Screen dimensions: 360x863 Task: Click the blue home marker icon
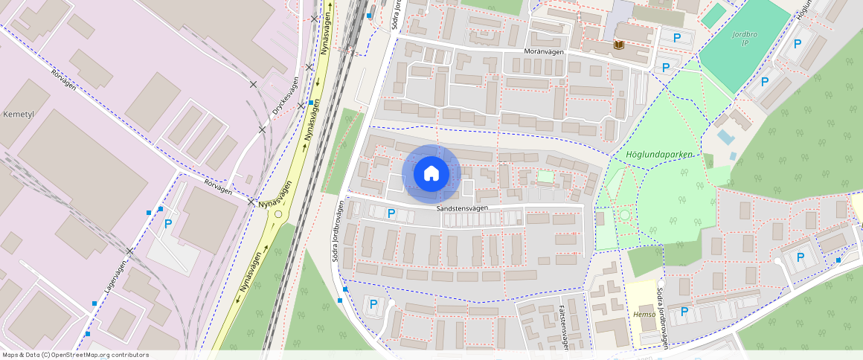pos(431,173)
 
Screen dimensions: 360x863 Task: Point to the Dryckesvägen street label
pos(285,96)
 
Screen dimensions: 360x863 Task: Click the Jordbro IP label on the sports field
pos(745,39)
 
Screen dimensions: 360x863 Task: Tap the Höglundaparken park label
pos(655,155)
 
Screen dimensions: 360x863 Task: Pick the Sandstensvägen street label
pos(462,208)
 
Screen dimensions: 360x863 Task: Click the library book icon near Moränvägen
pos(619,45)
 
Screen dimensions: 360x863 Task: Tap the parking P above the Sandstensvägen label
pos(391,214)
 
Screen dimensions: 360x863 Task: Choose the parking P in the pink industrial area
pos(168,223)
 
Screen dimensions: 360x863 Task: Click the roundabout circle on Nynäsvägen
pos(278,214)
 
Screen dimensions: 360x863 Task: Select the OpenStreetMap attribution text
pos(74,355)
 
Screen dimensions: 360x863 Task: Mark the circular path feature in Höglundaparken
pos(624,215)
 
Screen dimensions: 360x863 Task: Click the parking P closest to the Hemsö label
pos(684,312)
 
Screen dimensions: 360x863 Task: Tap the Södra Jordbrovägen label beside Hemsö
pos(661,317)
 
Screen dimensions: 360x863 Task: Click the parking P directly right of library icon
pos(676,38)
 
